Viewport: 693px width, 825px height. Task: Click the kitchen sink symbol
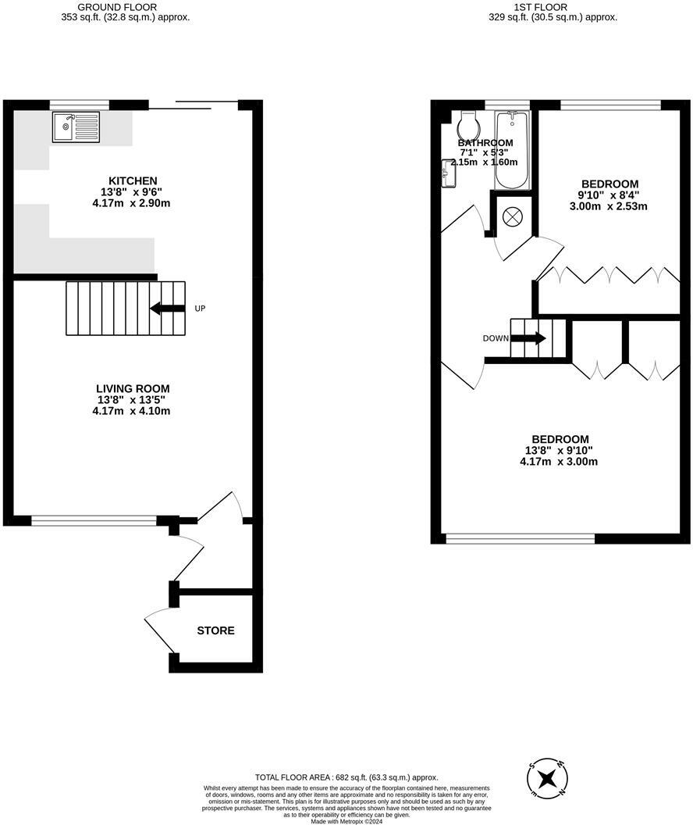(76, 127)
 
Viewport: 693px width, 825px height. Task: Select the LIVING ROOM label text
(132, 388)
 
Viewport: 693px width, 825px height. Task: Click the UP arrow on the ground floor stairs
(167, 308)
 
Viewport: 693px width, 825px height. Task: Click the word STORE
(215, 630)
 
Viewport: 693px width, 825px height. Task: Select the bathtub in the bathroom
(512, 150)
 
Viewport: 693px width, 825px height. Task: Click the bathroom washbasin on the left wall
(448, 173)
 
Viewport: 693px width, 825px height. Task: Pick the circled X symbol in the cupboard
(512, 216)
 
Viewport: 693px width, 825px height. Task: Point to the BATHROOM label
(485, 143)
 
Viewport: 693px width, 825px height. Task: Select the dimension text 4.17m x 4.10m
(131, 410)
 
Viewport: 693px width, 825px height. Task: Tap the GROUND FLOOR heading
(126, 6)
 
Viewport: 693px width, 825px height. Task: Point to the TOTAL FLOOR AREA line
(346, 777)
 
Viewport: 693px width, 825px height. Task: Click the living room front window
(94, 520)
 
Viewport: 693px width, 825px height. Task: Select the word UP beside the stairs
(200, 309)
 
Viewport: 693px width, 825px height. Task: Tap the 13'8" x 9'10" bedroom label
(559, 450)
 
